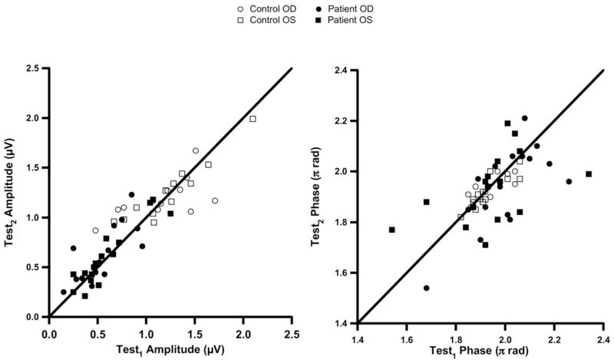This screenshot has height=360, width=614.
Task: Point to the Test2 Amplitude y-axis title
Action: point(12,192)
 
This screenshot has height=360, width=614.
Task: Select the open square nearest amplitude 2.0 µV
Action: point(253,119)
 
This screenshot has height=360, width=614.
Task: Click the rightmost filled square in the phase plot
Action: point(589,173)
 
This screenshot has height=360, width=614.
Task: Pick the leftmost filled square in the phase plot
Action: point(391,230)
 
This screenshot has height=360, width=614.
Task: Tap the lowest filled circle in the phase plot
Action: point(426,288)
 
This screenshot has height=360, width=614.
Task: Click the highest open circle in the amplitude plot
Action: point(196,150)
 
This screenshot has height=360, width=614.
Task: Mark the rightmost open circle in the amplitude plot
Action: point(215,200)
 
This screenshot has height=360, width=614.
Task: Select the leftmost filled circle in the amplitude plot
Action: point(64,292)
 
